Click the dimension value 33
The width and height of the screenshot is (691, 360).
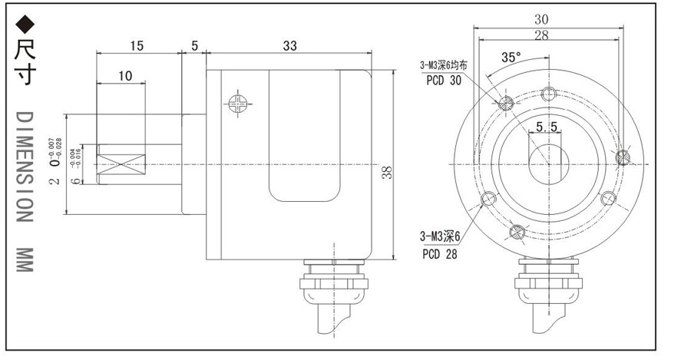click(x=289, y=46)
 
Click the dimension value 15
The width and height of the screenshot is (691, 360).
click(x=136, y=46)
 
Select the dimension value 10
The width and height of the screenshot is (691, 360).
click(x=126, y=75)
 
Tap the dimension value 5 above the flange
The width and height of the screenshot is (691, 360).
click(x=194, y=46)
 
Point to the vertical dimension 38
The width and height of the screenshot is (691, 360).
click(x=388, y=173)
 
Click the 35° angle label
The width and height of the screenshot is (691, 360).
click(x=511, y=57)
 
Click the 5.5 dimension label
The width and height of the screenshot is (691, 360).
click(x=547, y=126)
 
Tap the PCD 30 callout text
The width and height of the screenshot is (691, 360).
click(x=440, y=81)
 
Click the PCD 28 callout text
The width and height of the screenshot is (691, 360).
click(x=440, y=254)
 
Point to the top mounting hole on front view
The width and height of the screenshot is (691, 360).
click(x=548, y=94)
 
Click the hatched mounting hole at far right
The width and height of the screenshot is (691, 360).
click(x=623, y=157)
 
